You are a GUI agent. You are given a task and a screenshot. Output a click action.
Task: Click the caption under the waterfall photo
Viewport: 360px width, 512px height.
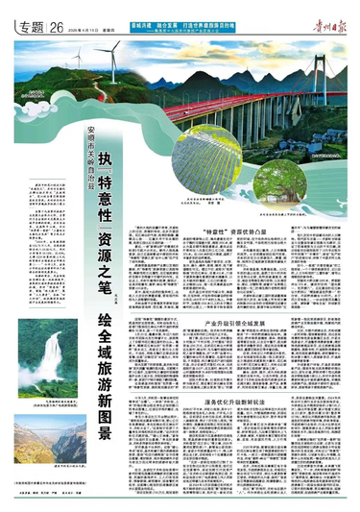point(47,406)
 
